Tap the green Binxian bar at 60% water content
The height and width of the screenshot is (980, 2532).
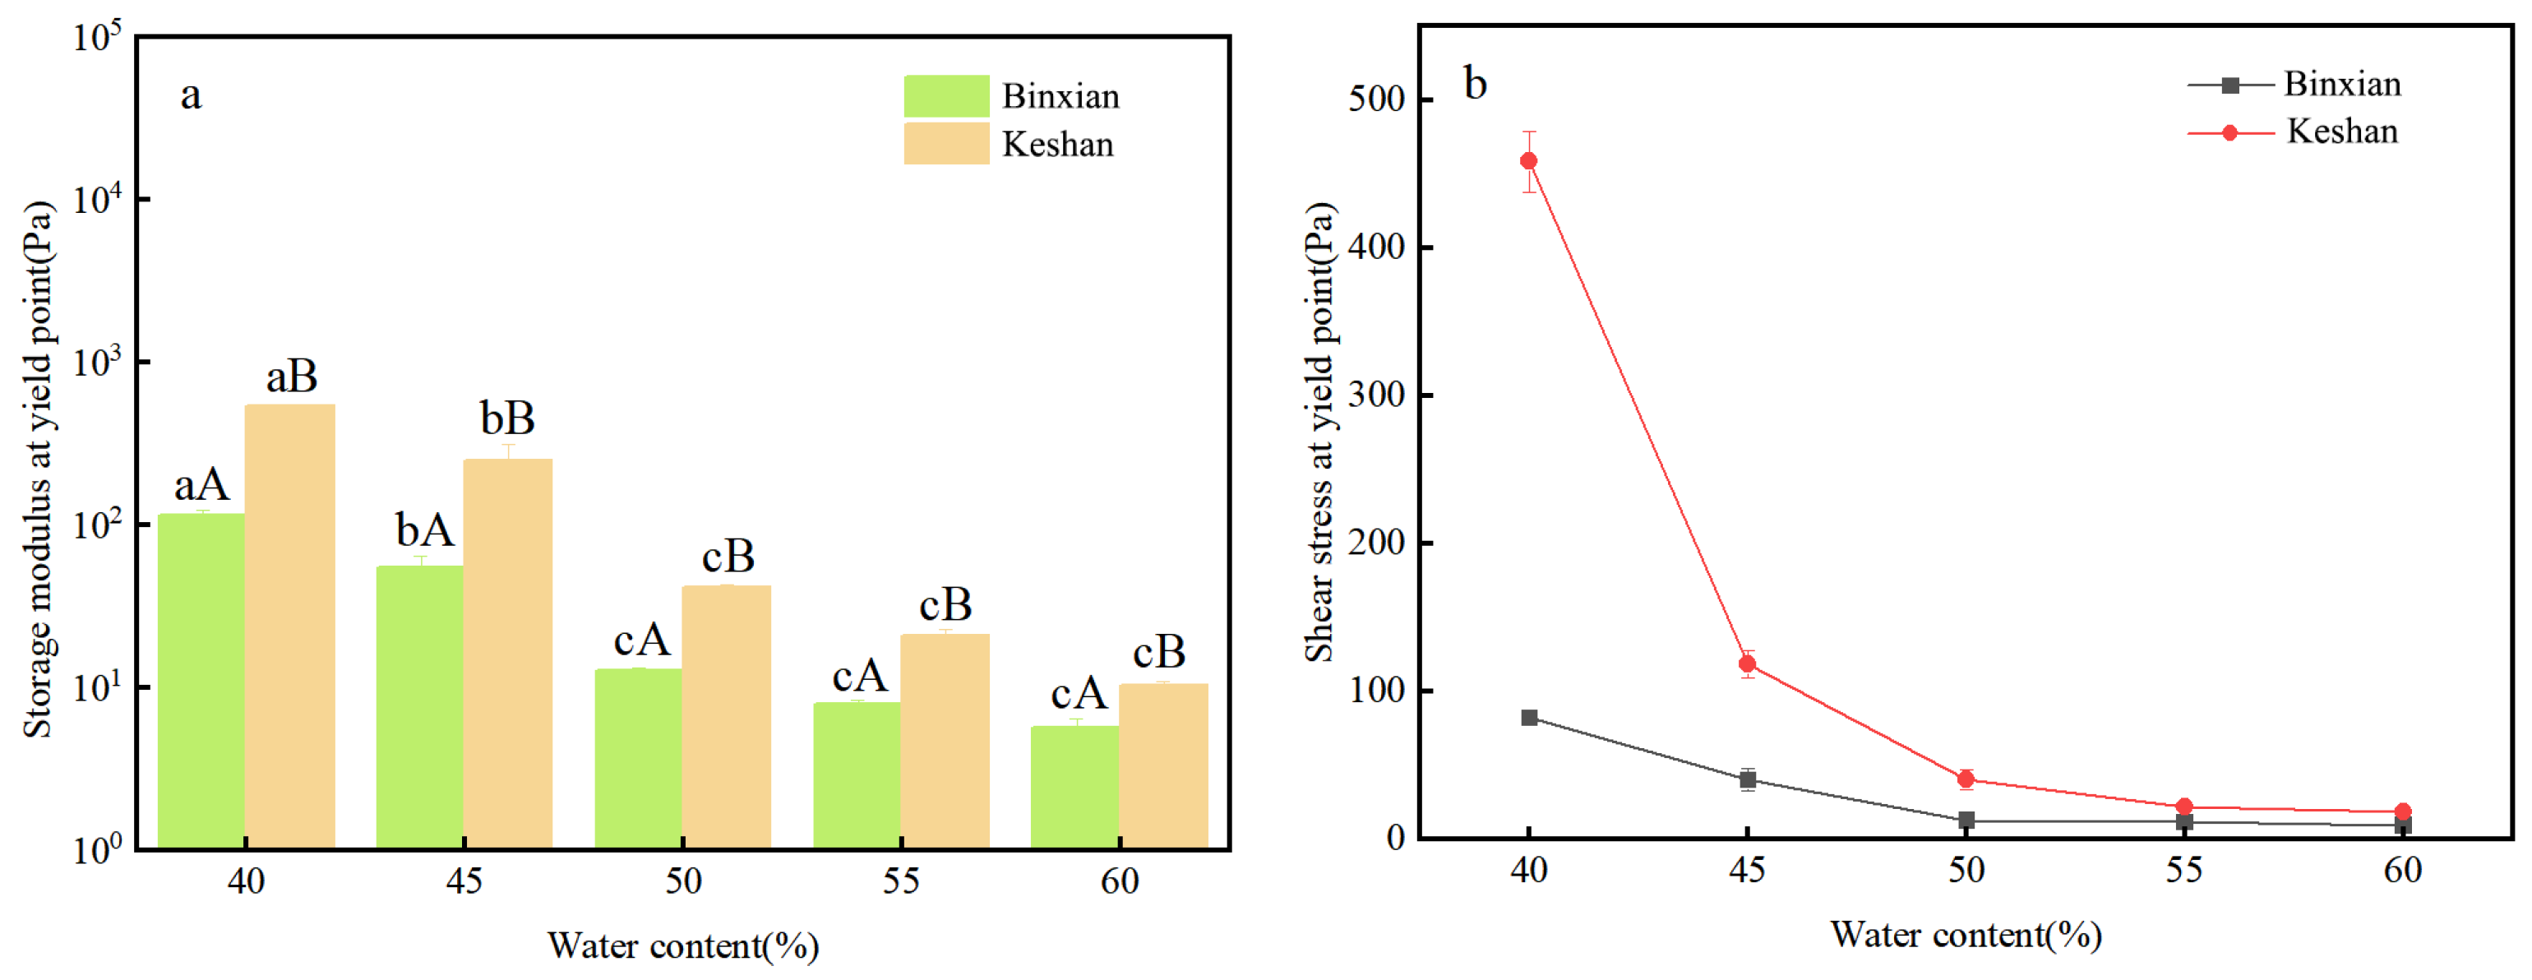(x=1074, y=786)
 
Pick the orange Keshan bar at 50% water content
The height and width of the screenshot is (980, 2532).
(x=727, y=717)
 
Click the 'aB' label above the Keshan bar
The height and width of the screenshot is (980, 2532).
(x=292, y=377)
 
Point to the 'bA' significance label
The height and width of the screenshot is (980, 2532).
(x=425, y=531)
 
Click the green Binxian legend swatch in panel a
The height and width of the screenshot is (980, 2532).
(x=946, y=96)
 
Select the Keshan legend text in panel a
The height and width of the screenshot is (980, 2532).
(x=1058, y=145)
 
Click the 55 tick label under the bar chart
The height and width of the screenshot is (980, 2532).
(x=900, y=881)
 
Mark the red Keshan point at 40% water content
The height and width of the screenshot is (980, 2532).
(x=1528, y=161)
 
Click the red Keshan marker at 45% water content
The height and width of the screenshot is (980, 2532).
(x=1747, y=663)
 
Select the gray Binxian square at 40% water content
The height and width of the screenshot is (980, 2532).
(x=1529, y=718)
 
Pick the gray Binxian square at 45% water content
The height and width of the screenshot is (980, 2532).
(x=1747, y=780)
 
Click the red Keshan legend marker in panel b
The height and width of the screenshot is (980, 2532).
(x=2229, y=132)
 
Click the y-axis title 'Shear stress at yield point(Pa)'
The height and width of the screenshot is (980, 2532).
(x=1320, y=432)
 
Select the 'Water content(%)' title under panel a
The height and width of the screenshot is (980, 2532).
(x=683, y=945)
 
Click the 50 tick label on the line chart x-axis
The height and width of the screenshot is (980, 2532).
(x=1966, y=870)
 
